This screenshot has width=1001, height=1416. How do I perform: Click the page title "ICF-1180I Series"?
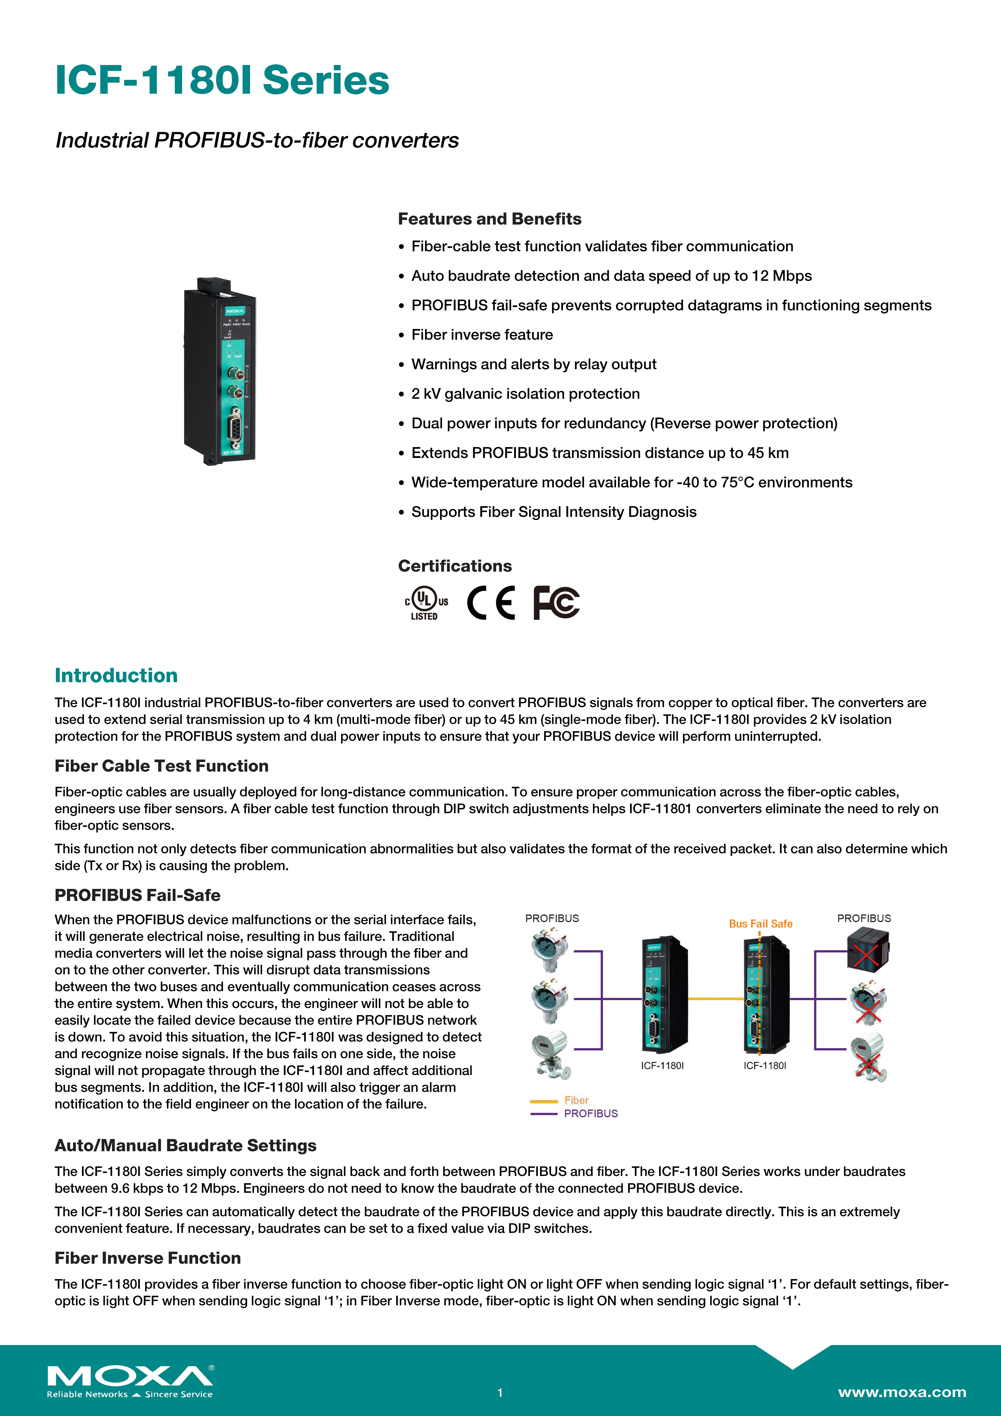point(222,80)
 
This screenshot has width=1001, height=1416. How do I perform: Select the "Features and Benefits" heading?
point(489,219)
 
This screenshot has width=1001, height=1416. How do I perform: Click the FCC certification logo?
point(556,602)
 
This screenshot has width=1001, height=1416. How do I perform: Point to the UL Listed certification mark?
point(426,602)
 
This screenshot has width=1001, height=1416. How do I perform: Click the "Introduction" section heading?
point(116,675)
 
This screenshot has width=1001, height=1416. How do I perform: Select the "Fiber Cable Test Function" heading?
point(162,766)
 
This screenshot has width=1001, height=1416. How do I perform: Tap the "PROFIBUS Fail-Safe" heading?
point(138,895)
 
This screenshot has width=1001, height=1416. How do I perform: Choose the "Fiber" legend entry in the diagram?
point(575,1100)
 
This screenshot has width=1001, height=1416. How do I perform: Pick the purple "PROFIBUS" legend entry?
point(590,1113)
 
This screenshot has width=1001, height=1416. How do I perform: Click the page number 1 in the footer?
point(500,1393)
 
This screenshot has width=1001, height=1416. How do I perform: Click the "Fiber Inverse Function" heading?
point(147,1258)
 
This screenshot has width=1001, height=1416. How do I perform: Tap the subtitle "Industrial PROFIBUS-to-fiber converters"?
point(257,141)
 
